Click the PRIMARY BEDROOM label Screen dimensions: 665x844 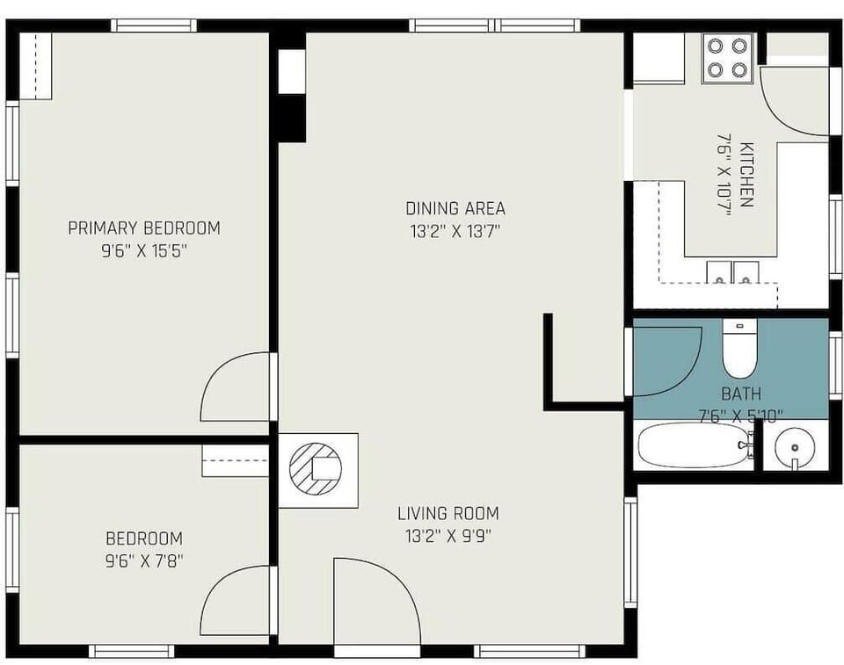(144, 228)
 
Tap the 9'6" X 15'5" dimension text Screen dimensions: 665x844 (144, 251)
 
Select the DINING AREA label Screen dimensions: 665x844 (455, 208)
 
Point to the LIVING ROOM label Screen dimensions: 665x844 (448, 513)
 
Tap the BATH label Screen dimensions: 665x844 (741, 394)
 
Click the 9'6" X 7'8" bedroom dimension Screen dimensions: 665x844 (144, 560)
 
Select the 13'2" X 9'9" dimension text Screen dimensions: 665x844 (448, 535)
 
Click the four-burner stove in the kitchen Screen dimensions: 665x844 (727, 58)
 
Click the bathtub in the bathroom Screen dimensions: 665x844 (692, 446)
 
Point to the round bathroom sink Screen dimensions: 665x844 (795, 448)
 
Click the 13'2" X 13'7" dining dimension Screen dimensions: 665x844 (455, 232)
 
